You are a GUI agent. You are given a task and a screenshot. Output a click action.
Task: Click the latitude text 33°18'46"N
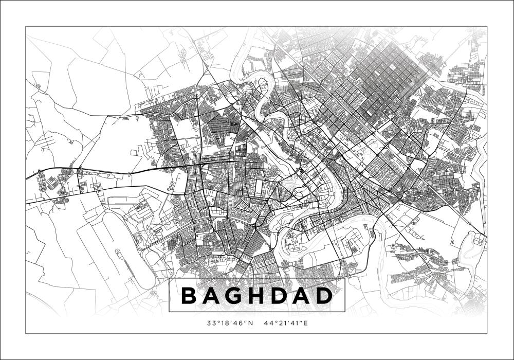[x=230, y=323]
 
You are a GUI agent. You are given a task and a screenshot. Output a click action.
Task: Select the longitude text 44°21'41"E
[x=285, y=323]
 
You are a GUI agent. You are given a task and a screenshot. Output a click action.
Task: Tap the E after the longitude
[x=304, y=323]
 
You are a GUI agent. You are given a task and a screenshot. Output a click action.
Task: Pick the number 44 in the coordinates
[x=267, y=323]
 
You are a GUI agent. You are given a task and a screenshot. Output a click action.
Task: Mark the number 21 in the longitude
[x=279, y=323]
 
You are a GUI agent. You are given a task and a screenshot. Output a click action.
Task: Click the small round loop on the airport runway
[x=118, y=252]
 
